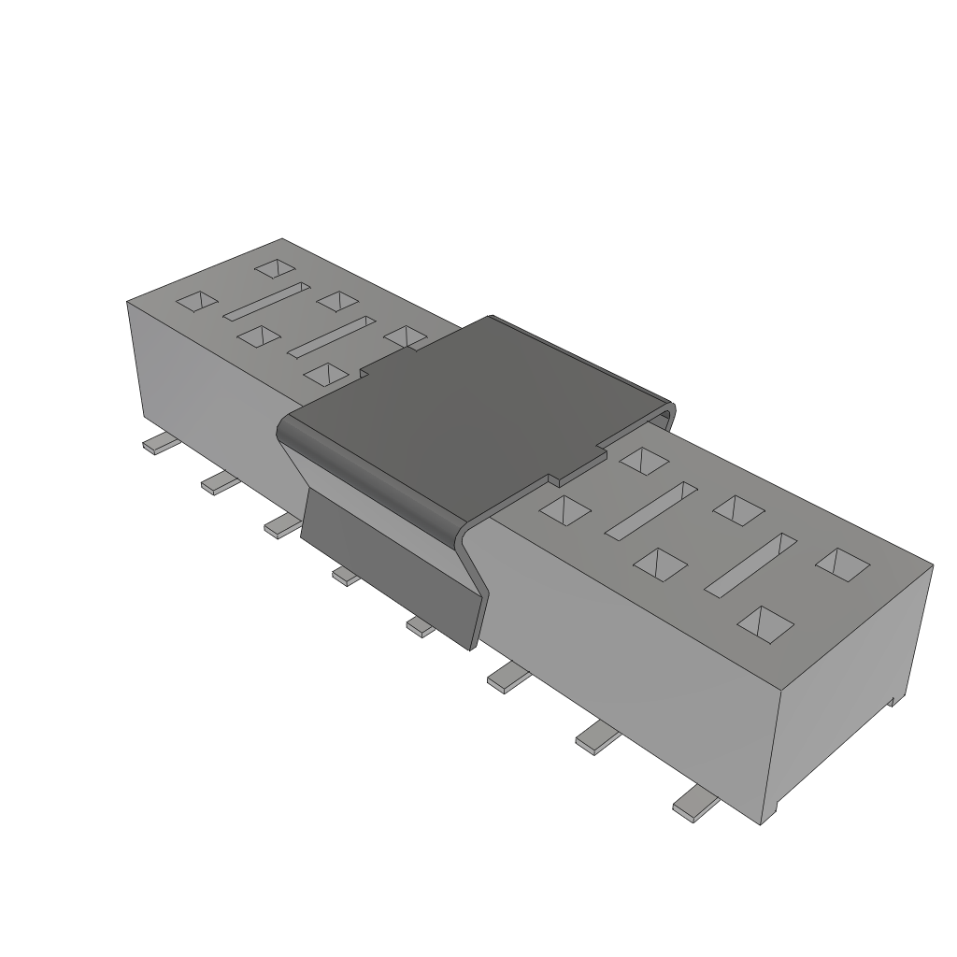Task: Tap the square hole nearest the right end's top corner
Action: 842,562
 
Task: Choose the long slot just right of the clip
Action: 651,509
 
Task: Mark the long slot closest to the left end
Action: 265,301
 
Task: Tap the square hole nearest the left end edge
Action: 197,301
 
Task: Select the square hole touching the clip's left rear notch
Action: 404,336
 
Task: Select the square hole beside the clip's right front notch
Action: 566,509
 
